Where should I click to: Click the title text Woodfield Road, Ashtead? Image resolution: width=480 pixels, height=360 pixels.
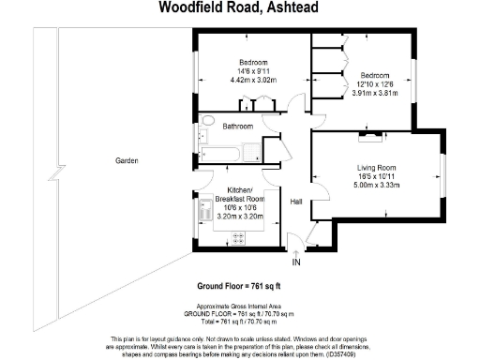tap(239, 9)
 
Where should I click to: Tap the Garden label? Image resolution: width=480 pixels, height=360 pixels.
tap(127, 161)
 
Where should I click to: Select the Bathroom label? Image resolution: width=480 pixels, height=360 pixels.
tap(238, 126)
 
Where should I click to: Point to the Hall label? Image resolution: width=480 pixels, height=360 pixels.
tap(295, 202)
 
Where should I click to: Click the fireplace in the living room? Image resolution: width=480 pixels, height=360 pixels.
tap(373, 139)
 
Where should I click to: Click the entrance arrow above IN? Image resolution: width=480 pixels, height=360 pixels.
tap(296, 250)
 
